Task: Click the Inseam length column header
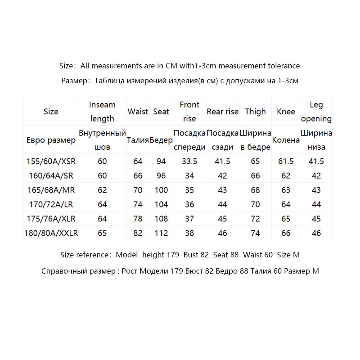point(102,112)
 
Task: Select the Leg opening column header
point(316,112)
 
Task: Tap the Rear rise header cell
point(222,112)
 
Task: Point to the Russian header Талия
point(138,140)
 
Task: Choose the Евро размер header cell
point(51,140)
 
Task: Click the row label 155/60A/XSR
point(51,161)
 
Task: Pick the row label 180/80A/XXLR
point(51,233)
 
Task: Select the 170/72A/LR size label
point(51,204)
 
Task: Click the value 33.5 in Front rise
point(189,161)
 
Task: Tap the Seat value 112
point(161,233)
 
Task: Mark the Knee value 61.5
point(286,161)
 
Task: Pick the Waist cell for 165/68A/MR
point(138,190)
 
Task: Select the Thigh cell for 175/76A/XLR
point(255,219)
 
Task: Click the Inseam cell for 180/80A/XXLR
point(102,233)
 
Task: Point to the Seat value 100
point(161,190)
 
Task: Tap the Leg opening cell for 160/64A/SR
point(316,175)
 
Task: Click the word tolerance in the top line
point(283,66)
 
